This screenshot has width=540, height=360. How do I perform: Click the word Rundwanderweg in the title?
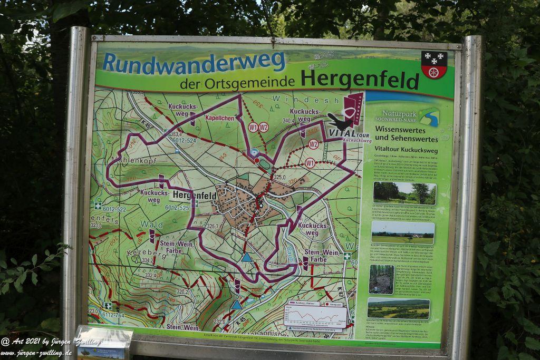(194, 62)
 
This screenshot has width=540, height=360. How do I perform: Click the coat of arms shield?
(434, 64)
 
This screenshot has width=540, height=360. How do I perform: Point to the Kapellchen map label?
(219, 118)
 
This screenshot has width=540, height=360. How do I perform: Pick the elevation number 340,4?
(288, 121)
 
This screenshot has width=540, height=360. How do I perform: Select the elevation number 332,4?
(151, 275)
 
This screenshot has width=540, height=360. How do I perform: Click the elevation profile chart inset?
(315, 316)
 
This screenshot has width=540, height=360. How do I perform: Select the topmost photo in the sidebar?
(404, 193)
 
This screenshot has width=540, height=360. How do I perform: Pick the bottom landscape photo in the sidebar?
(398, 308)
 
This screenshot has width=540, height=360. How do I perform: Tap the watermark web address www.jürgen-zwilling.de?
(36, 353)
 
